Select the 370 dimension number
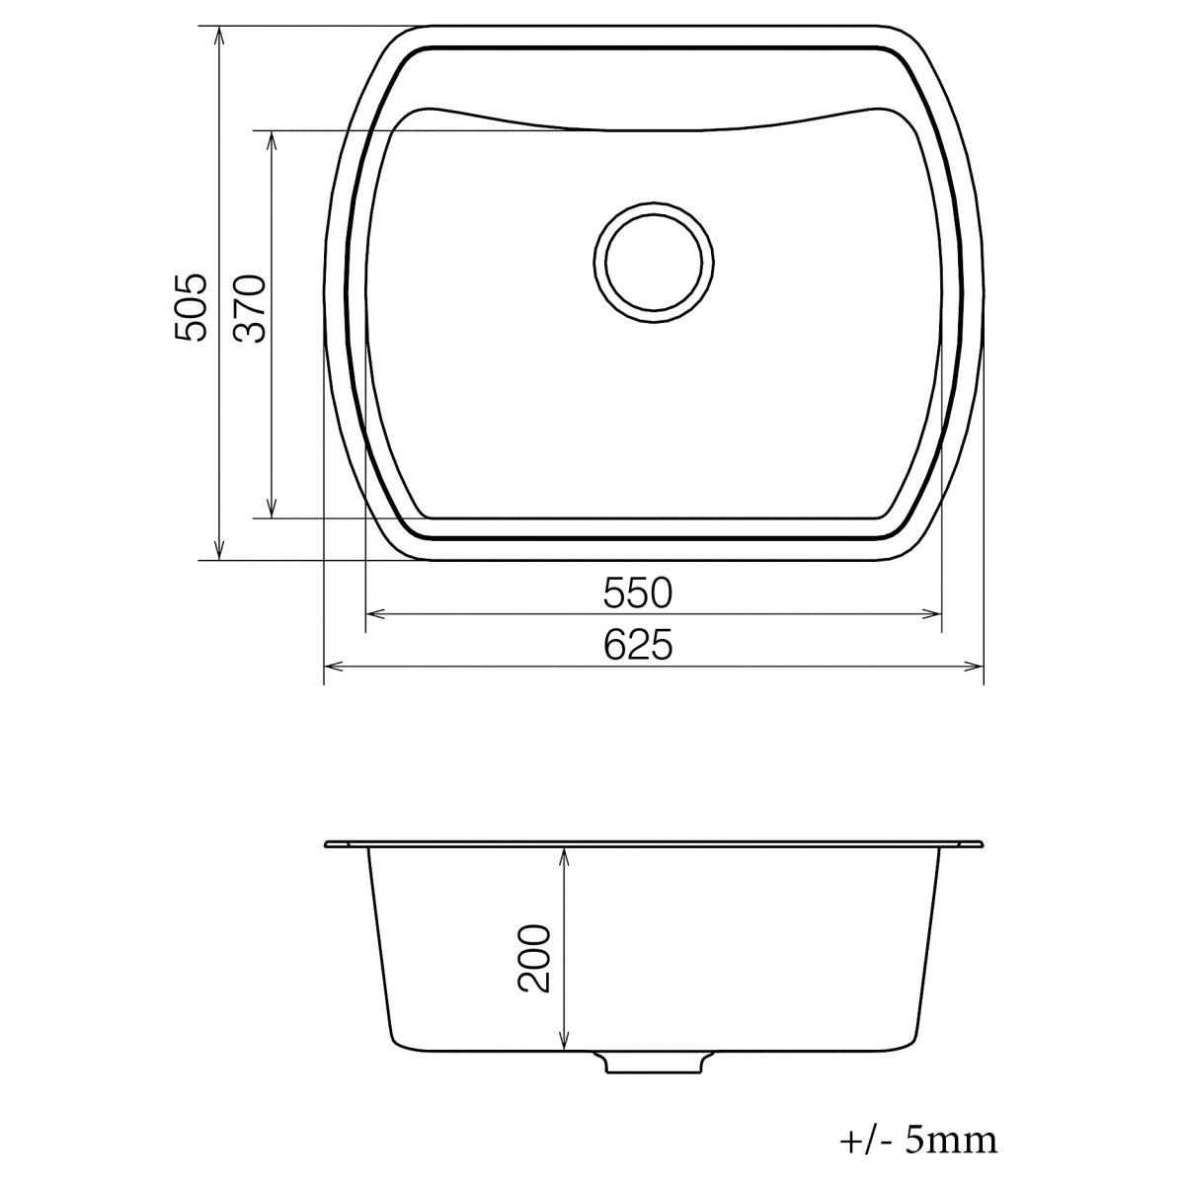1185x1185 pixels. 250,308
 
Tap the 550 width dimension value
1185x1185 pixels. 637,592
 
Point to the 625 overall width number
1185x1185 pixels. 637,646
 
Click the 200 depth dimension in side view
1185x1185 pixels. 533,958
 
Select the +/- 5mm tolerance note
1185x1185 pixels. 918,1141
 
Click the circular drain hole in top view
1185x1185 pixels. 653,264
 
